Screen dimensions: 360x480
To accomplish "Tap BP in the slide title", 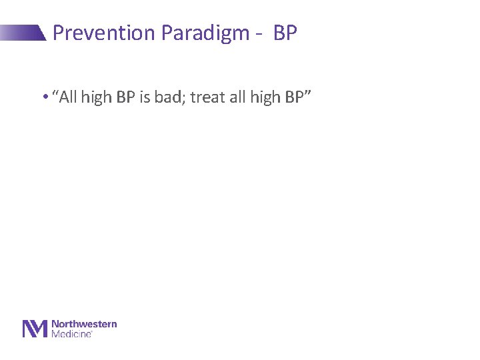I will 285,33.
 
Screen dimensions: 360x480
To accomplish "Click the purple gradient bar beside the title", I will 23,33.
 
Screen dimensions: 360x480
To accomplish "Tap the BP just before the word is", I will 125,97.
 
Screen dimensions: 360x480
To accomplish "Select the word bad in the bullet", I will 164,97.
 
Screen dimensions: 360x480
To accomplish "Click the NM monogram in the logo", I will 35,329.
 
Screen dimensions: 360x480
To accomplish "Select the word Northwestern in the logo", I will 84,324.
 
